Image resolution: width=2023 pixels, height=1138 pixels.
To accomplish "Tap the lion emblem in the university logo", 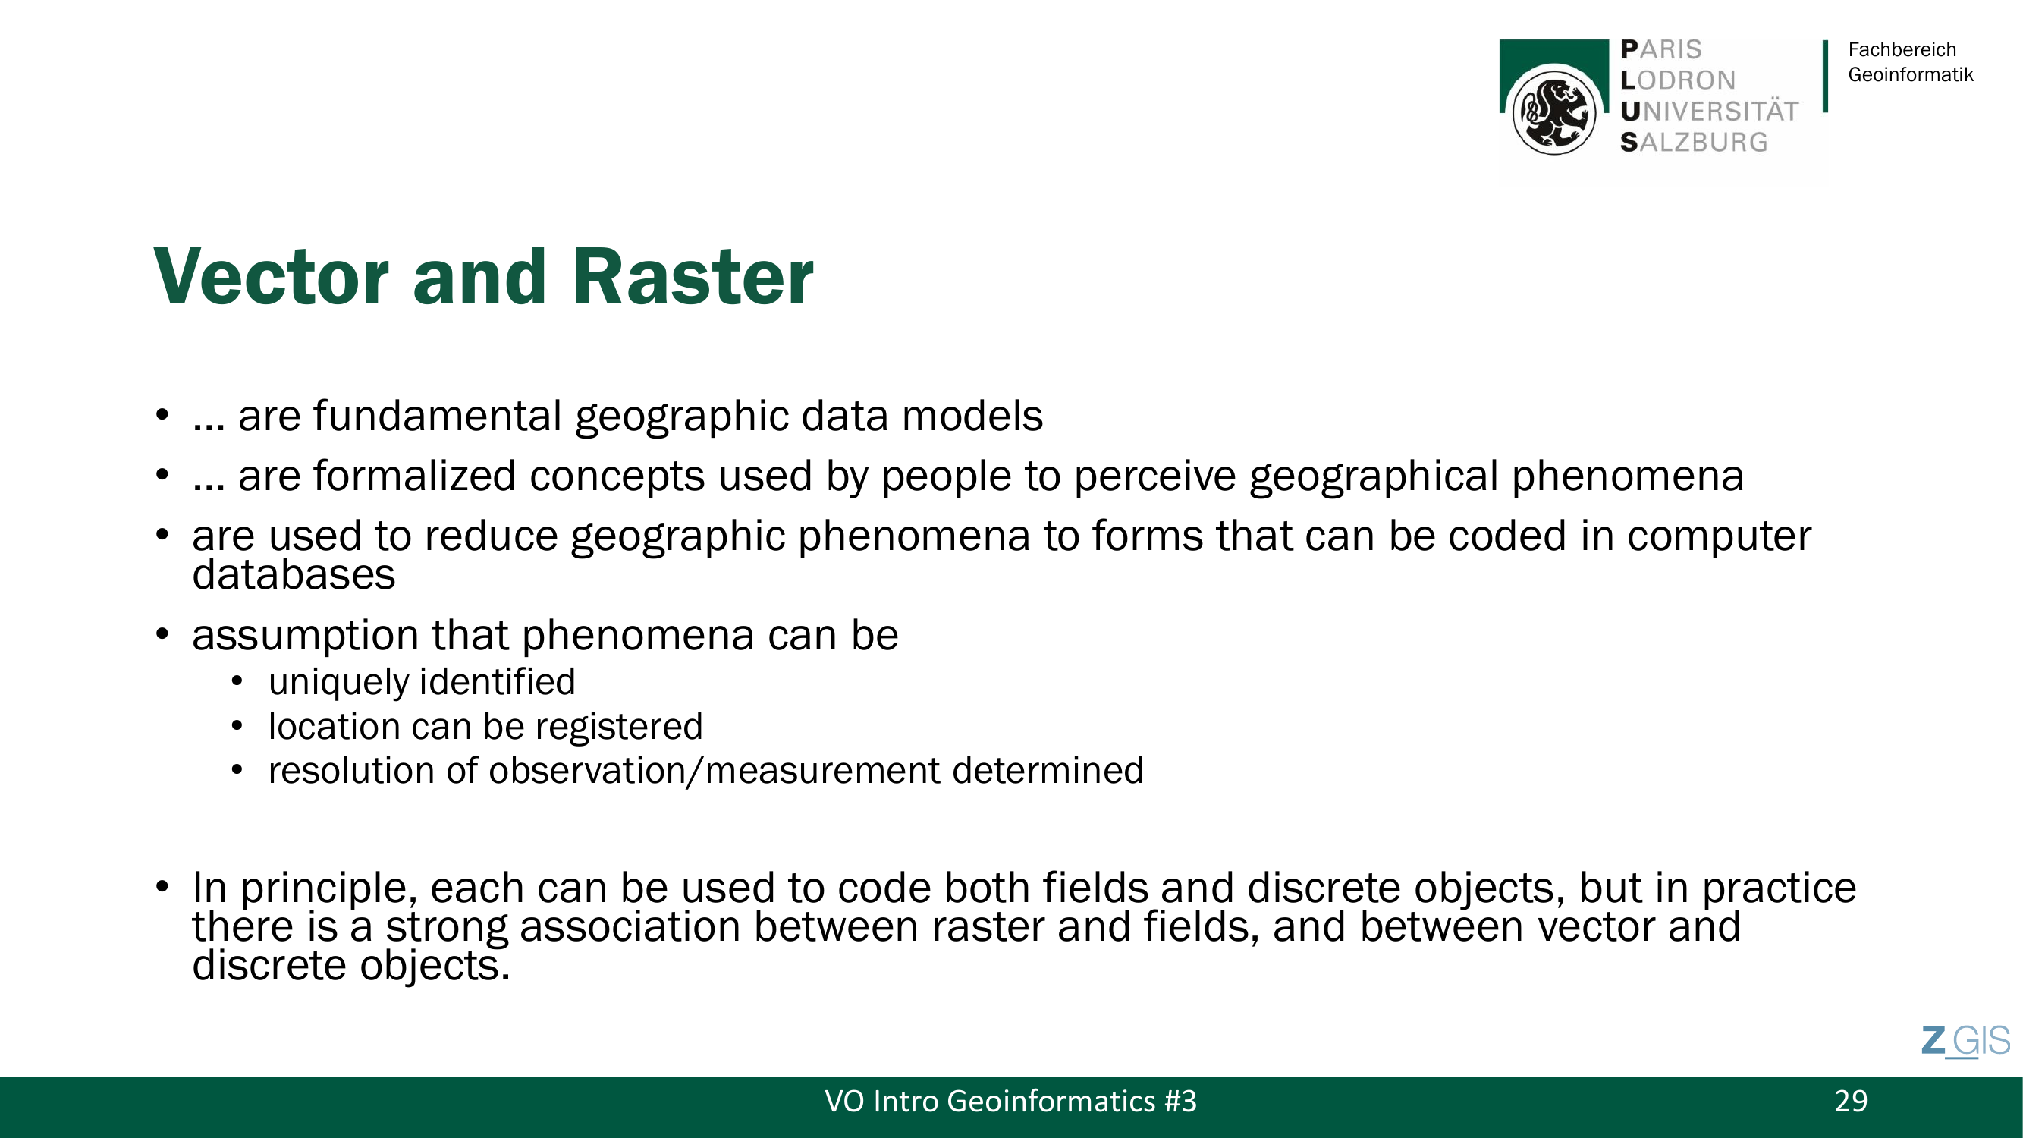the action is (x=1554, y=112).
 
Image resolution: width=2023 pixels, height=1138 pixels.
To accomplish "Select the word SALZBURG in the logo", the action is (x=1694, y=142).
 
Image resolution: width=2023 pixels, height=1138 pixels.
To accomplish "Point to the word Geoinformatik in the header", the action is (x=1910, y=74).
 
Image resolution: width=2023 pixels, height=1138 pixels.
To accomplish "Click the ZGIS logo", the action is (x=1965, y=1042).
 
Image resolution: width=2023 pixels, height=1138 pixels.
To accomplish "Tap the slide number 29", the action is (x=1851, y=1101).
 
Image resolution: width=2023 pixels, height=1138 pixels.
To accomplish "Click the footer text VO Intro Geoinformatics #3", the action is (x=1010, y=1101).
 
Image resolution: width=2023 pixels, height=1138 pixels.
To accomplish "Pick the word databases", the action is (x=294, y=575).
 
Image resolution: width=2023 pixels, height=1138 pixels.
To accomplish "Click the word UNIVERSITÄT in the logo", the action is (x=1710, y=112).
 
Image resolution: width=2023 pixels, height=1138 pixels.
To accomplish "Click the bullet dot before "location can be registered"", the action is (x=237, y=727).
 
